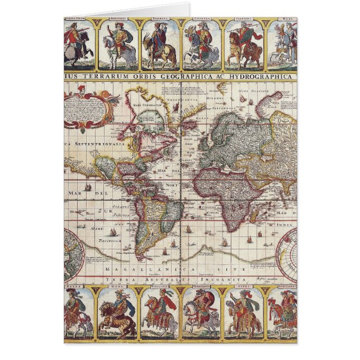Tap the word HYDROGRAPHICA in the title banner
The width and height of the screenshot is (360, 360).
[x=263, y=76]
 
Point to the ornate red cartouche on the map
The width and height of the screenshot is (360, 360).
[x=88, y=106]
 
